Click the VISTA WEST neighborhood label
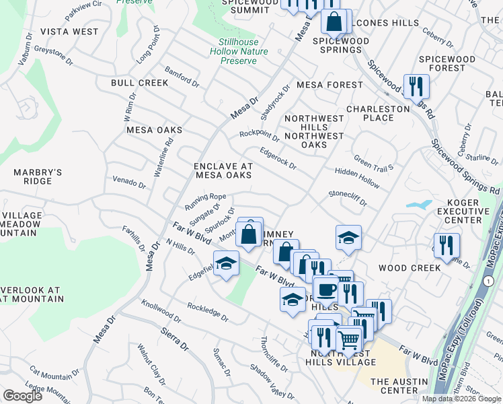[x=69, y=32]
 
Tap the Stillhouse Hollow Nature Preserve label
[x=239, y=51]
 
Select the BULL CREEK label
[x=140, y=83]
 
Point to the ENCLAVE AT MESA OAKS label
[x=223, y=170]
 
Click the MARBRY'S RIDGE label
[x=36, y=176]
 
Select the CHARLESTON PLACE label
[x=378, y=113]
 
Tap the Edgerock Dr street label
[x=278, y=158]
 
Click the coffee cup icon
[x=326, y=290]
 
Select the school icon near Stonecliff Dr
[x=348, y=238]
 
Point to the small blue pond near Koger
[x=419, y=205]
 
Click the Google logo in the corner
[x=22, y=396]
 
